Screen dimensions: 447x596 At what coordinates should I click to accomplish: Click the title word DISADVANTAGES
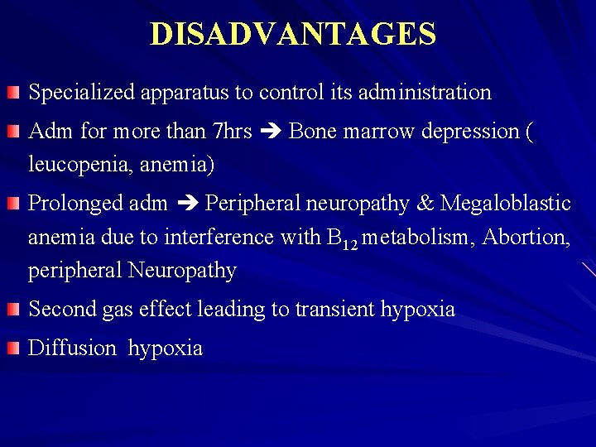(x=293, y=34)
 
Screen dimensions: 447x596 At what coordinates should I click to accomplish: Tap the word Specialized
(x=75, y=93)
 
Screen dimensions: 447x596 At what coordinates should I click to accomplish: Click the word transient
(x=336, y=310)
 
